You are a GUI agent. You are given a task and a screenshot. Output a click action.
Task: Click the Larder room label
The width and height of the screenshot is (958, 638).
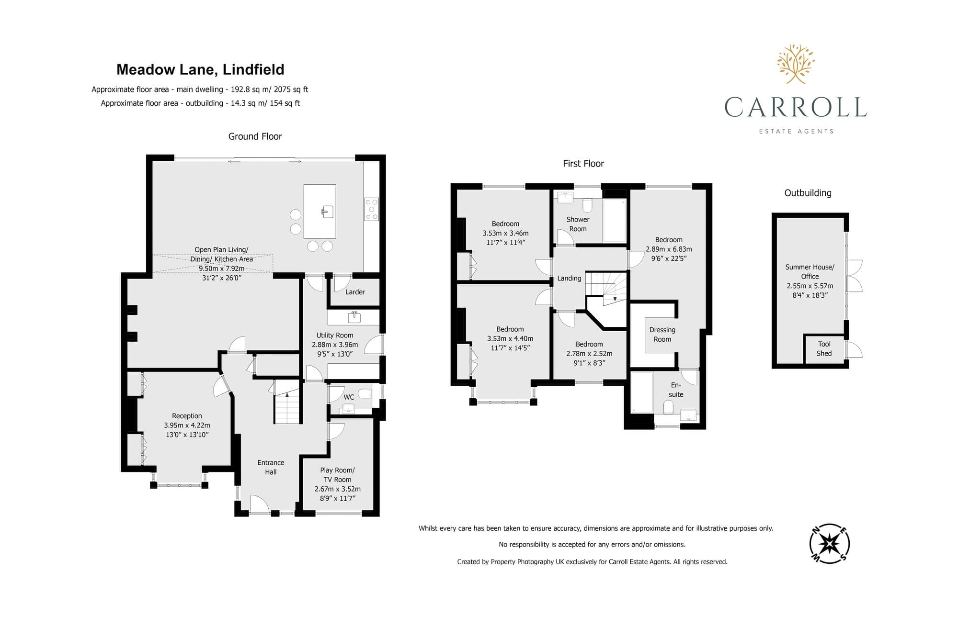click(355, 292)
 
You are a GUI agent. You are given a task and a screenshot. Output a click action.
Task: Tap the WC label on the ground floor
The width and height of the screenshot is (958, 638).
click(349, 397)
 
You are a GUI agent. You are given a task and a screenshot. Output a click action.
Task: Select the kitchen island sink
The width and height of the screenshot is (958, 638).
click(327, 212)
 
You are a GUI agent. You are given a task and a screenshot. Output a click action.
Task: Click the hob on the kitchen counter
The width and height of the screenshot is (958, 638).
click(372, 209)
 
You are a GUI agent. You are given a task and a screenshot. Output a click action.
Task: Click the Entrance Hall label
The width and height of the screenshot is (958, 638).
click(271, 467)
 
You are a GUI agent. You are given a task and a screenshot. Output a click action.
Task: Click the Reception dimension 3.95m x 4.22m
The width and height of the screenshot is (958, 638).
click(187, 425)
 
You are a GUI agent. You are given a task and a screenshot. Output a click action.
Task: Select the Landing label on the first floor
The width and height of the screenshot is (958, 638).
click(569, 278)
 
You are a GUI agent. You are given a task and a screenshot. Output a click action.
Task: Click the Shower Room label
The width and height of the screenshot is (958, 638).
click(578, 224)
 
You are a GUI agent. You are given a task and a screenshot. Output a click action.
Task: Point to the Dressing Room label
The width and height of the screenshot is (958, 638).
click(662, 335)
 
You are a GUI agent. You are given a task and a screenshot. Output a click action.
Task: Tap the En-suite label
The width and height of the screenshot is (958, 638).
click(676, 390)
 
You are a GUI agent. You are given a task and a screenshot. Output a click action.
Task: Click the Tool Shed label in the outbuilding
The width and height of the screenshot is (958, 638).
click(824, 348)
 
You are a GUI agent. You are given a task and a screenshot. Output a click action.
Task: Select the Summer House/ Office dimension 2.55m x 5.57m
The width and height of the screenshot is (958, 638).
click(810, 286)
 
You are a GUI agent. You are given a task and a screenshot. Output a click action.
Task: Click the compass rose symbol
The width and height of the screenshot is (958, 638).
click(830, 544)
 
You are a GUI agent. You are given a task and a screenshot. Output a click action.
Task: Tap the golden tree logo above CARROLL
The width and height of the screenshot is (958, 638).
click(796, 64)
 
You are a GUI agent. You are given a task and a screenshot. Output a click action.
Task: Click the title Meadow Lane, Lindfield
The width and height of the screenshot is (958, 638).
click(200, 70)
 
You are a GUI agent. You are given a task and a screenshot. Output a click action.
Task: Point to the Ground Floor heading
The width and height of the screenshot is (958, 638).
click(255, 136)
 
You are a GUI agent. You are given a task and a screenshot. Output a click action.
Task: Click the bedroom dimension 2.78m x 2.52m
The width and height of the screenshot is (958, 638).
click(589, 354)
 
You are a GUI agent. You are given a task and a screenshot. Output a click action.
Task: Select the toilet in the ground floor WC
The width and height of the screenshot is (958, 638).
click(365, 394)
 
